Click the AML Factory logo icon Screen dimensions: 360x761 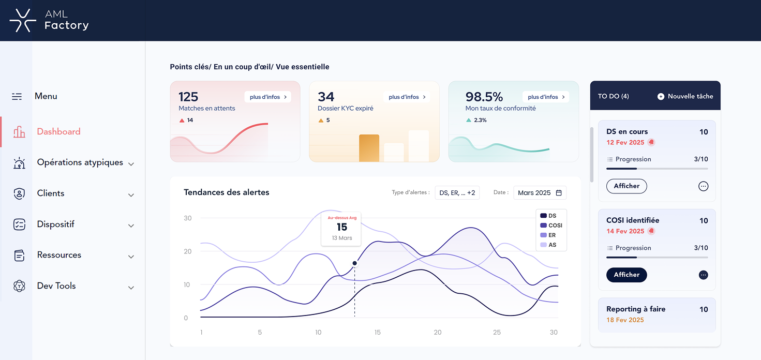coord(23,21)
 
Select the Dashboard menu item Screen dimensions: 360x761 coord(58,132)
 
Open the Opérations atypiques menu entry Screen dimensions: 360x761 coord(80,162)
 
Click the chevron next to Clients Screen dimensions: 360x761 coord(131,195)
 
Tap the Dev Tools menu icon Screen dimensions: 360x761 coord(19,286)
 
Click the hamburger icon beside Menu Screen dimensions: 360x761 coord(17,97)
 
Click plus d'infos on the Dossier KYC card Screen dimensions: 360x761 coord(407,97)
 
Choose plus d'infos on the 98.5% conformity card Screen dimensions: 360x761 coord(546,97)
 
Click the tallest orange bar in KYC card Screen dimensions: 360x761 coord(369,148)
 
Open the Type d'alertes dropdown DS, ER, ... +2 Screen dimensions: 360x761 coord(457,193)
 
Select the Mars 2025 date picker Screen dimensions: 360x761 coord(540,193)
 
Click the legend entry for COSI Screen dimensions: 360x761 coord(551,226)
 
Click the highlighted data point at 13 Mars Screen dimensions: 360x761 coord(354,263)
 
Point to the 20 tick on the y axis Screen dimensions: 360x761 coord(187,251)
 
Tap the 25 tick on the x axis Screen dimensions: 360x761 coord(497,332)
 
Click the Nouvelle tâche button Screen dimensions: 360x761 coord(685,96)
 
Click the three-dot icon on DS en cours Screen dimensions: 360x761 coord(703,186)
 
